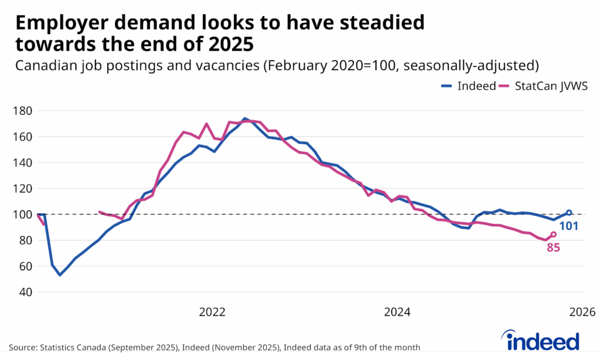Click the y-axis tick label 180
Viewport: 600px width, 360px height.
[x=23, y=111]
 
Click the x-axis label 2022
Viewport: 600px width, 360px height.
[x=212, y=311]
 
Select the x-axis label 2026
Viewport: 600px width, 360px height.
[x=581, y=311]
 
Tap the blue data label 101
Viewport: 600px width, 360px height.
[x=568, y=225]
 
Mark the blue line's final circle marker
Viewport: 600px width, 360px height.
[x=569, y=213]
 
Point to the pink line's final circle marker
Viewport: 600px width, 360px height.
[x=554, y=234]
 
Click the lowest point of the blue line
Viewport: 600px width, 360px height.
[x=60, y=274]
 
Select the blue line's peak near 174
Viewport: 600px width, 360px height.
[x=245, y=118]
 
